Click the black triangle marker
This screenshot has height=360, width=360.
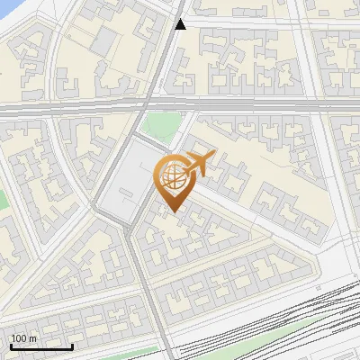tap(181, 24)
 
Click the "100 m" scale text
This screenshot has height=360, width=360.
tap(23, 338)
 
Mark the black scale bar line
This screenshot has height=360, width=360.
tap(41, 346)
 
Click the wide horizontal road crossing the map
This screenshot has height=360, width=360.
tap(270, 106)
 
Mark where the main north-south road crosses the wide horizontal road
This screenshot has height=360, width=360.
tap(148, 106)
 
